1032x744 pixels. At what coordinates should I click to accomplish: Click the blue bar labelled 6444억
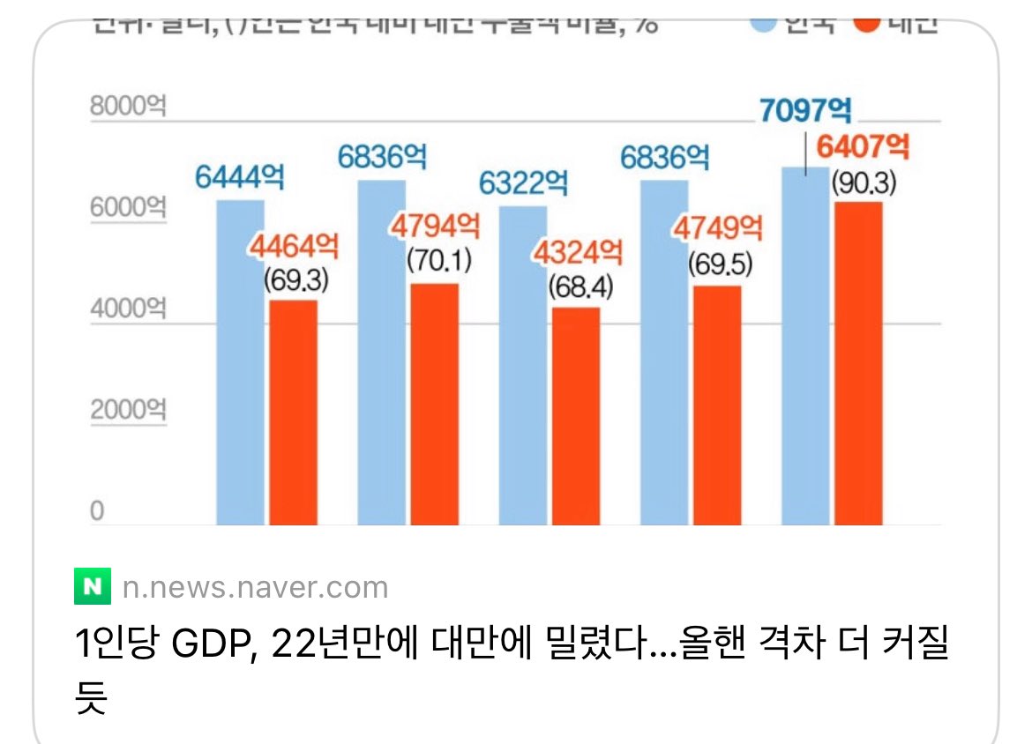[x=240, y=361]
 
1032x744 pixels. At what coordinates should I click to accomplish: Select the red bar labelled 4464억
[x=293, y=413]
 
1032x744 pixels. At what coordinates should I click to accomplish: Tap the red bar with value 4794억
[x=434, y=404]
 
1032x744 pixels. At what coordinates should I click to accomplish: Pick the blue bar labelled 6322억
[x=522, y=365]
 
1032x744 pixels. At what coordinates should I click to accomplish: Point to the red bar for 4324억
[x=575, y=416]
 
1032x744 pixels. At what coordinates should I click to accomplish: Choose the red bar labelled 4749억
[x=716, y=405]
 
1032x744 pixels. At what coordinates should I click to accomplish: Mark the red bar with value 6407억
[x=858, y=363]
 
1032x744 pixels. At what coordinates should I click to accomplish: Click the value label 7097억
[x=805, y=111]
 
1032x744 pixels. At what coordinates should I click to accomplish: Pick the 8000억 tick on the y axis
[x=128, y=107]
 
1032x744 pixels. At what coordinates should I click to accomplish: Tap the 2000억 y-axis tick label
[x=128, y=410]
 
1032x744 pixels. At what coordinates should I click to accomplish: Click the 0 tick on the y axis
[x=96, y=512]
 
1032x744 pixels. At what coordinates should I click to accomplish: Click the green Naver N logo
[x=93, y=586]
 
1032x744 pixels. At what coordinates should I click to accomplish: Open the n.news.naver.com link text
[x=255, y=587]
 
